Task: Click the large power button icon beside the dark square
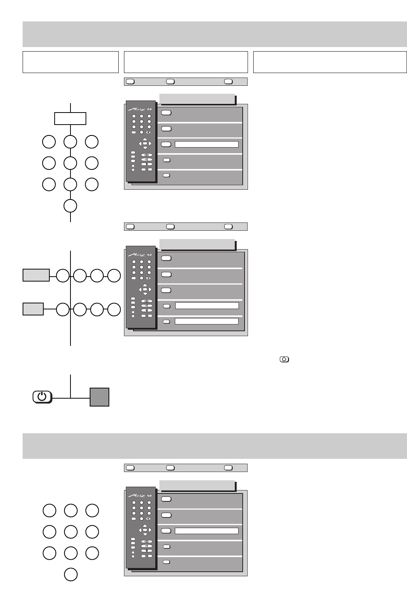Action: (x=42, y=397)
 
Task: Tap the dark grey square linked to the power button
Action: (x=99, y=397)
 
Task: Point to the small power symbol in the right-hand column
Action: (x=284, y=359)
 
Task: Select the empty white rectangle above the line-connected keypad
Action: (x=70, y=119)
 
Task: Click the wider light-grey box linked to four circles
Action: (x=36, y=275)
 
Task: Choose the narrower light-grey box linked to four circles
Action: (x=33, y=309)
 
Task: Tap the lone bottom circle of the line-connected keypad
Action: (x=70, y=206)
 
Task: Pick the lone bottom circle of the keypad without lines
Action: (x=70, y=575)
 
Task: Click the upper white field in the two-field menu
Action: (x=207, y=306)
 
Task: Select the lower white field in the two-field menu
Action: (x=207, y=321)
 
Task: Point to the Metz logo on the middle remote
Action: (x=136, y=255)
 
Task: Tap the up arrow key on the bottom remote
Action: (x=145, y=526)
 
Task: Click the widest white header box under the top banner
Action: (x=330, y=62)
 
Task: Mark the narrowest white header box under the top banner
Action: (x=70, y=62)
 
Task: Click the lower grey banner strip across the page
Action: (x=215, y=446)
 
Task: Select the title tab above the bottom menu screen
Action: (x=197, y=486)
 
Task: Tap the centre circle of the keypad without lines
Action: (x=70, y=532)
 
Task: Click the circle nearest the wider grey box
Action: (x=63, y=276)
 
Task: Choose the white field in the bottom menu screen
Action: (x=207, y=531)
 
